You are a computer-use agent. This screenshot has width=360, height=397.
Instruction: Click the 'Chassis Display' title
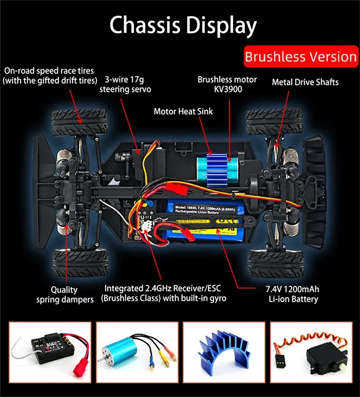click(x=183, y=25)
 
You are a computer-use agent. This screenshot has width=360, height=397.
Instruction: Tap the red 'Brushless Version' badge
click(x=301, y=57)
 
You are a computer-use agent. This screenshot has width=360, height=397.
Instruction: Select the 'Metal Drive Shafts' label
click(x=305, y=82)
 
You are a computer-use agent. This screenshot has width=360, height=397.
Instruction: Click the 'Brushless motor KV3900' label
click(x=227, y=84)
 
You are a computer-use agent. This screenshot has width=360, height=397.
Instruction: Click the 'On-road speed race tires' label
click(x=49, y=75)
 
